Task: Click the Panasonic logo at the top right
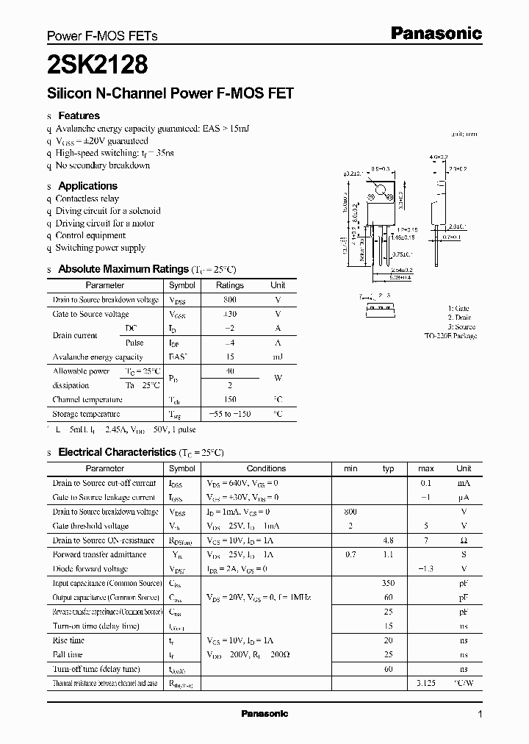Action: [436, 33]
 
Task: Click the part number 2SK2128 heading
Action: [98, 66]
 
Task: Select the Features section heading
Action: [79, 115]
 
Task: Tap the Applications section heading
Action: [87, 186]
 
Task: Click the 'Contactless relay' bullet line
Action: [87, 198]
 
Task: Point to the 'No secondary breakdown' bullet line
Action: [103, 165]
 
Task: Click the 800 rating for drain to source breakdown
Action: [230, 300]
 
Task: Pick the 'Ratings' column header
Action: [230, 285]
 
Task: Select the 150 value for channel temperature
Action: [230, 400]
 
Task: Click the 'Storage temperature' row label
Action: [87, 414]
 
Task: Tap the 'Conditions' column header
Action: [266, 468]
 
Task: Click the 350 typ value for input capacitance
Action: [389, 583]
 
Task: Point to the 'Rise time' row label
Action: [68, 640]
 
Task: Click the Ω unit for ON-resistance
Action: [464, 540]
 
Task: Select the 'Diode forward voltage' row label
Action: [90, 569]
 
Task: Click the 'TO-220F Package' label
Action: [450, 336]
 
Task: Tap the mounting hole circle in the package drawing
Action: [381, 193]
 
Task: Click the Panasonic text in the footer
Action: [264, 714]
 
